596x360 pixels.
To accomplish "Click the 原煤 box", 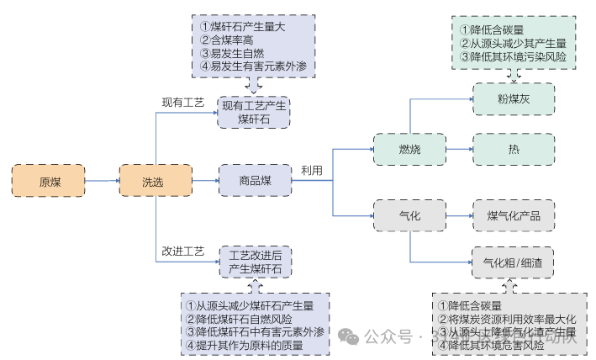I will (49, 181).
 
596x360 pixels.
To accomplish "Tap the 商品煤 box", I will (254, 181).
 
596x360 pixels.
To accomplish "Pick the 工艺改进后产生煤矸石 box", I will (256, 262).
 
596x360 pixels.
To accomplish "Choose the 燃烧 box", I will (409, 148).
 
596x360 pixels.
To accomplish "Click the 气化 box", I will (409, 217).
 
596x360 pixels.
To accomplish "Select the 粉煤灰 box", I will (513, 98).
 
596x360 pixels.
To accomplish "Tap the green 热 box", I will (513, 149).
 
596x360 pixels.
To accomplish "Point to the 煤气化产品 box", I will (513, 217).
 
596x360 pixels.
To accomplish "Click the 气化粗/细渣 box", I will (513, 262).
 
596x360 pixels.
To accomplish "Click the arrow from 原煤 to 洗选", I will (102, 181).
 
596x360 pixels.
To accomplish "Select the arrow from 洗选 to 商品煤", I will (206, 181).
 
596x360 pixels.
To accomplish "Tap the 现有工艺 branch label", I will (182, 103).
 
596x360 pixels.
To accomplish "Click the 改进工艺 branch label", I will (182, 251).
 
